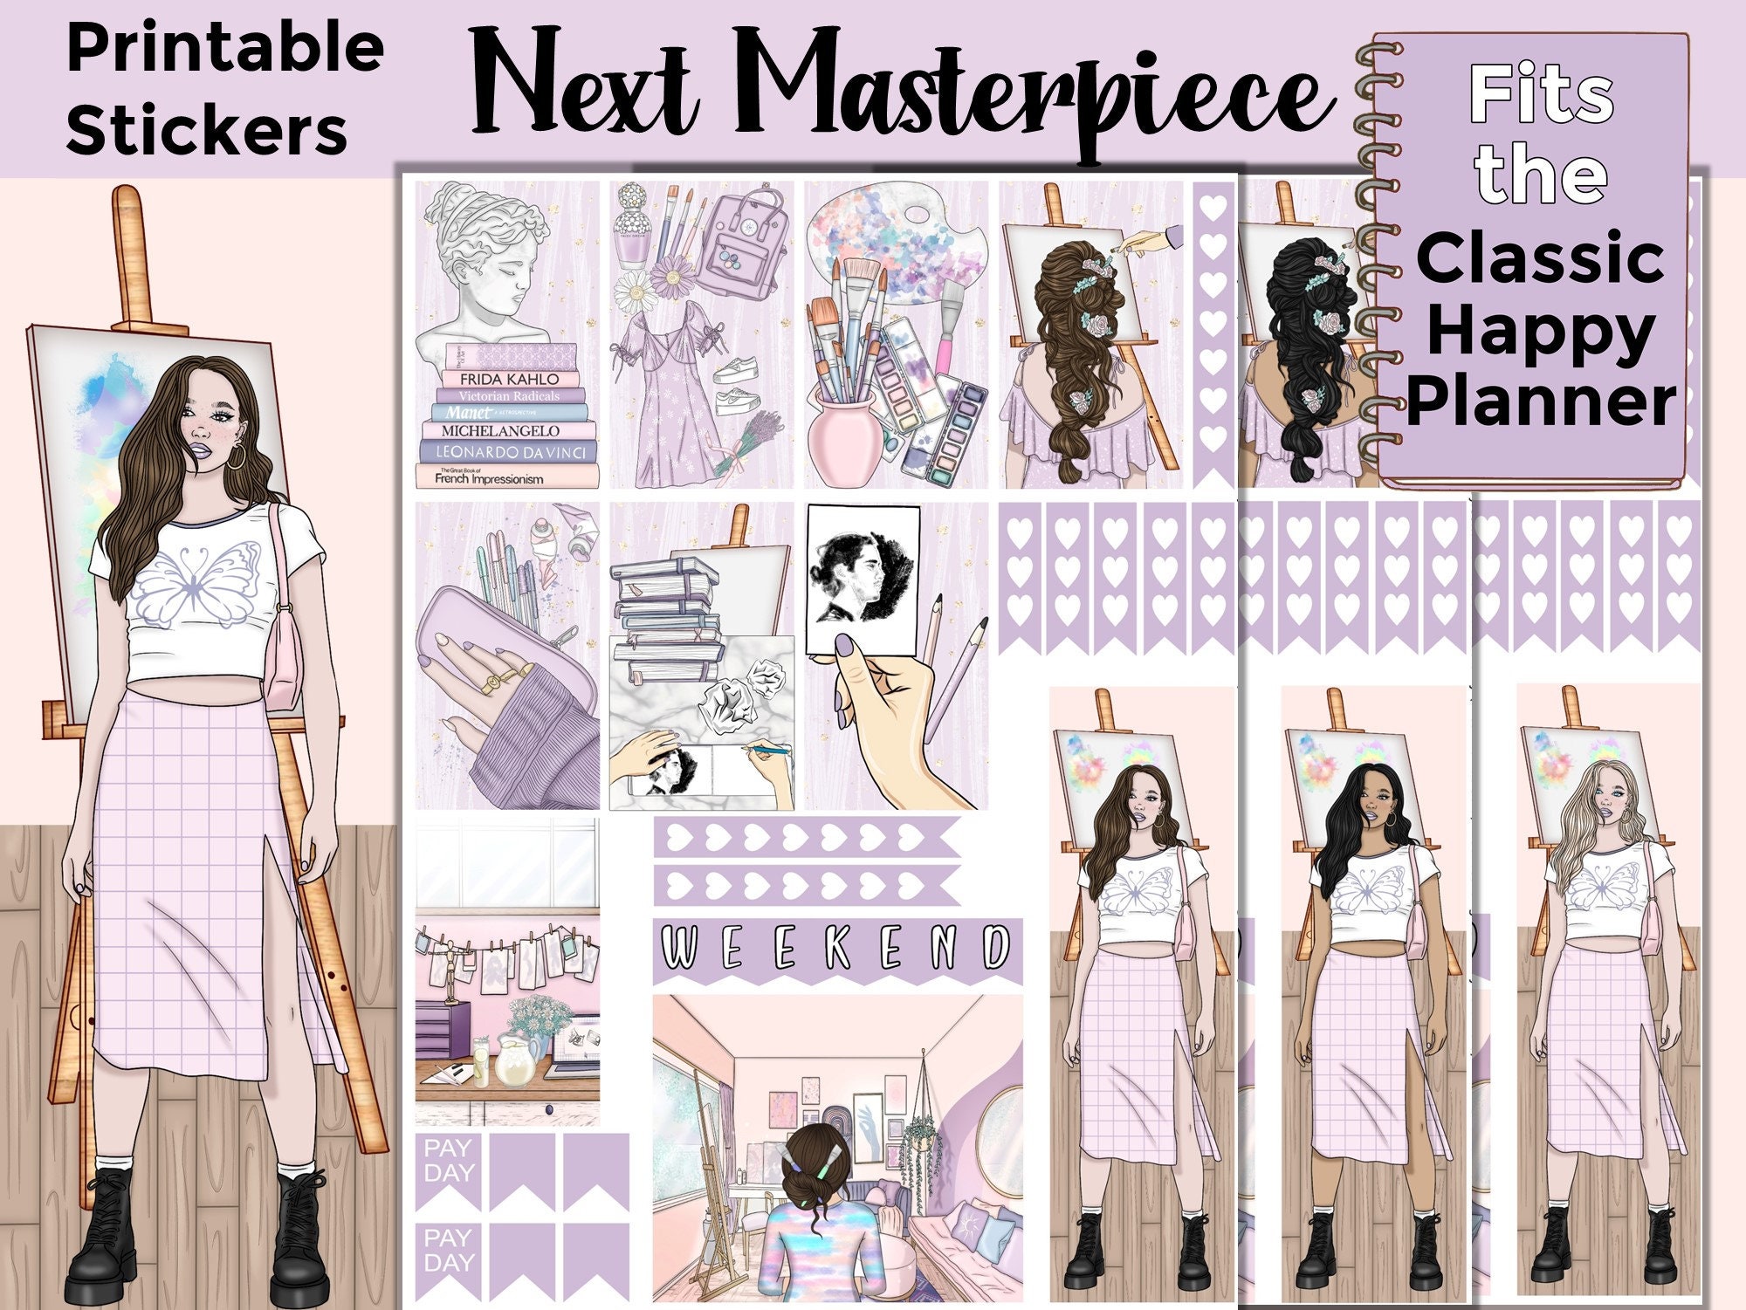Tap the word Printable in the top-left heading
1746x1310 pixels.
(225, 49)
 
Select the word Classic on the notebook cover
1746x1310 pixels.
(1540, 259)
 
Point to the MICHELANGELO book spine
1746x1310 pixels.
(499, 430)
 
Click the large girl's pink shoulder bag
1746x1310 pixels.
(284, 650)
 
